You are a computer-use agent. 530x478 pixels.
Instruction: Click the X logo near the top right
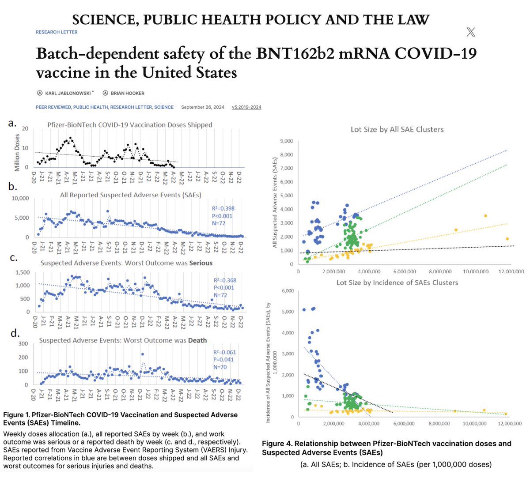471,32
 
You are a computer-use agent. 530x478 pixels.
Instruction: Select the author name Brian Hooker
127,93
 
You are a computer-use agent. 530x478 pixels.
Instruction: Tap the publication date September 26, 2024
202,107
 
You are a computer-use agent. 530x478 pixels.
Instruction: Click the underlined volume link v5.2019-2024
246,107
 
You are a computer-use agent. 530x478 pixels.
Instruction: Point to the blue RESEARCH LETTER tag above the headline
57,32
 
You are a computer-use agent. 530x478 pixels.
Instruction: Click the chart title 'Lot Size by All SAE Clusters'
397,129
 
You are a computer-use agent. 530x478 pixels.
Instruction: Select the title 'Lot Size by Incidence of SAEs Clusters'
397,282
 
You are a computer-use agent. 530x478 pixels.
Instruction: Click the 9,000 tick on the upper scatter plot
285,141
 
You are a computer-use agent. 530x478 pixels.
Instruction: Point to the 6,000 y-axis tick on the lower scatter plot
287,291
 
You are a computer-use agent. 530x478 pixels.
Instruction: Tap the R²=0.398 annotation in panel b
224,208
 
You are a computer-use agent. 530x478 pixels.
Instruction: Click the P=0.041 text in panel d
224,360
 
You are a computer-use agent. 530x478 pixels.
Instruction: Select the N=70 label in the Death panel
220,367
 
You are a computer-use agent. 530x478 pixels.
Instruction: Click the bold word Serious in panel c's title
201,263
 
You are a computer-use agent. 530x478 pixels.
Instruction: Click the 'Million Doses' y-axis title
17,153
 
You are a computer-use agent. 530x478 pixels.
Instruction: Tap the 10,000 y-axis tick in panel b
20,199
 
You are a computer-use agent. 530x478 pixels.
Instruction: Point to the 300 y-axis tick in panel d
23,344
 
